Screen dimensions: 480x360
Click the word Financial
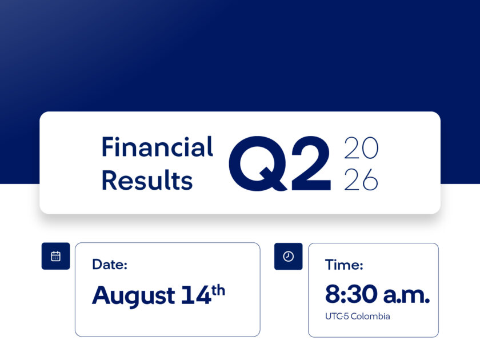tap(157, 147)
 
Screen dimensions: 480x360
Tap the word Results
tap(147, 180)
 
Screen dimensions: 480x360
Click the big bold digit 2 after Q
tap(311, 163)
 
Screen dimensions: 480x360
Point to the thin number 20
tap(362, 148)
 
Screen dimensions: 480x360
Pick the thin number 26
tap(361, 179)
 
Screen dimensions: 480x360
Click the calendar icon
tap(56, 256)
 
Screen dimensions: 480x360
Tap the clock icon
tap(289, 256)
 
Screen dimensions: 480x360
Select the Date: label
tap(110, 264)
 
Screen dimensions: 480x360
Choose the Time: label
tap(344, 265)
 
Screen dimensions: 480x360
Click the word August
tap(134, 295)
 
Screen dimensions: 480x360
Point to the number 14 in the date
tap(196, 295)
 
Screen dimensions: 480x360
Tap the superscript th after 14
tap(218, 290)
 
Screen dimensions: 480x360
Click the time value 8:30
tap(351, 294)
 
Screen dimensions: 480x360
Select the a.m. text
tap(406, 295)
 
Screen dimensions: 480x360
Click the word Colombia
tap(370, 316)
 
